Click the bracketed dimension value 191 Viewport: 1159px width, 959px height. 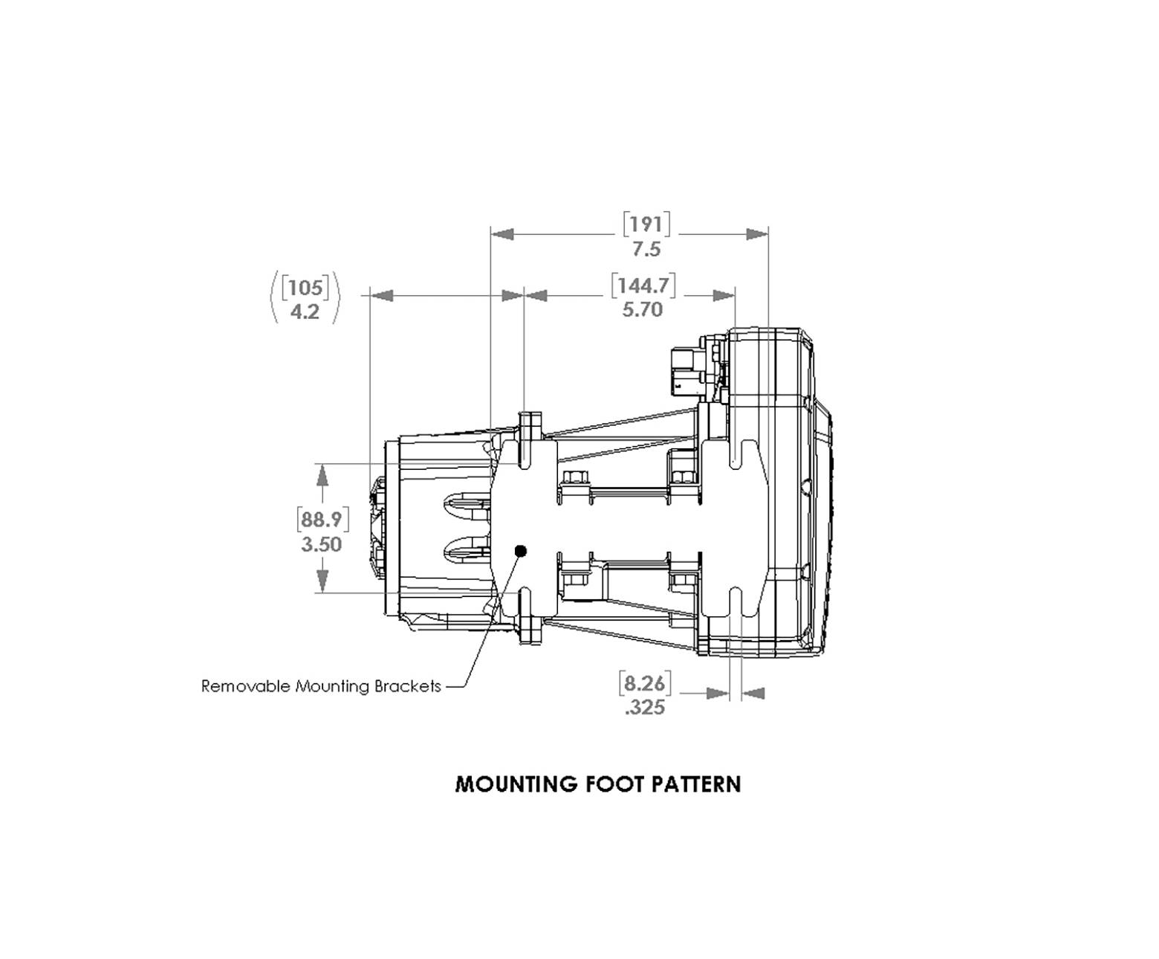646,224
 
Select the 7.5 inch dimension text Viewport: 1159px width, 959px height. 646,249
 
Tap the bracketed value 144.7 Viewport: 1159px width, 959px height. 643,285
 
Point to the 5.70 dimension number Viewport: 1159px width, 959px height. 642,309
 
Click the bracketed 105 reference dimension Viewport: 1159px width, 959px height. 305,288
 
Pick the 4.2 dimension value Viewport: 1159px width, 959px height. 305,311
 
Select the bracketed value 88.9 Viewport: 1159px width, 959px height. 322,519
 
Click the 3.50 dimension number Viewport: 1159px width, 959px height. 322,544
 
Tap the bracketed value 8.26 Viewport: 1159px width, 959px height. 644,682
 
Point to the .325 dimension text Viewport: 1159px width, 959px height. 644,707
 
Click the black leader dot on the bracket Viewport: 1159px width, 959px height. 520,551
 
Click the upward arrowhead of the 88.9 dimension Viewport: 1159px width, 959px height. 322,474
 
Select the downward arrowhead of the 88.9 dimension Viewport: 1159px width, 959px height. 322,581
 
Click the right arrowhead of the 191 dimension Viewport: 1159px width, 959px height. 757,234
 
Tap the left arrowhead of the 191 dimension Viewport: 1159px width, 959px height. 503,234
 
